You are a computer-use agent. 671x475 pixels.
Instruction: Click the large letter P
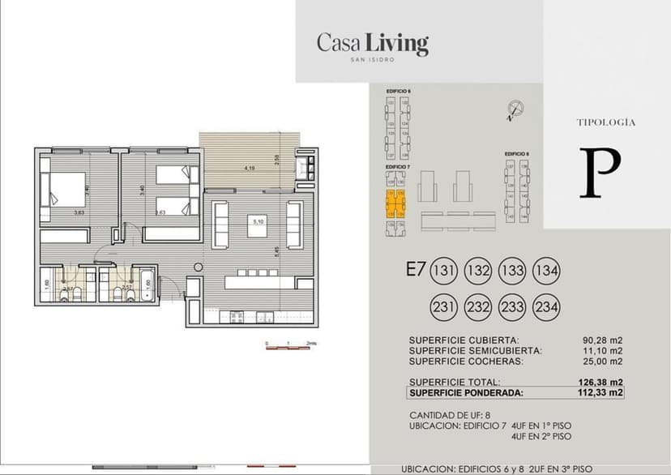[600, 173]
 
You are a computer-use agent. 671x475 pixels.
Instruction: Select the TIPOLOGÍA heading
[605, 122]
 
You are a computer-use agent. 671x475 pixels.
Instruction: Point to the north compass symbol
[514, 109]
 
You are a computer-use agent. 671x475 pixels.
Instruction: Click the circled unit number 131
[443, 271]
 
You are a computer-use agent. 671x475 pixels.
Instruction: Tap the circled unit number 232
[478, 307]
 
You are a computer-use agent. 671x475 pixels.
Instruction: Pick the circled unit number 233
[513, 307]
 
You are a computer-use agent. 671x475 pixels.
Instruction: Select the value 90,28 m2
[604, 340]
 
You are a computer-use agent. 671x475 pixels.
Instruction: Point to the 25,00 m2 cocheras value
[604, 362]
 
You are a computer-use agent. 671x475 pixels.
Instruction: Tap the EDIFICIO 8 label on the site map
[516, 153]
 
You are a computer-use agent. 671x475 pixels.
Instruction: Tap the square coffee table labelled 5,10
[259, 225]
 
